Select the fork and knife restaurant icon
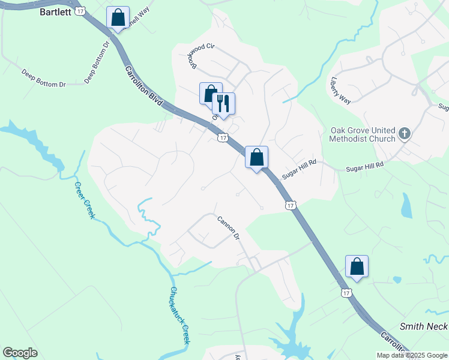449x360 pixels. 223,103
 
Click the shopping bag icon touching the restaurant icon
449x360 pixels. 210,94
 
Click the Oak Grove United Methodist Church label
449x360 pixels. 363,134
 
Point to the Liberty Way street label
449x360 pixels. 340,89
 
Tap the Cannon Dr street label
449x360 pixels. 228,227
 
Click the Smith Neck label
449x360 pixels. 424,326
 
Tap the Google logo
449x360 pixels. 20,353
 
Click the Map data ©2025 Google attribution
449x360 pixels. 411,355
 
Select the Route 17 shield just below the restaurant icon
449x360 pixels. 223,138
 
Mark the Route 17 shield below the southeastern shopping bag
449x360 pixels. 345,293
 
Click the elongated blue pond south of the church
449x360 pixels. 406,205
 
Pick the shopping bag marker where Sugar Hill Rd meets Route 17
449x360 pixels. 256,157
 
